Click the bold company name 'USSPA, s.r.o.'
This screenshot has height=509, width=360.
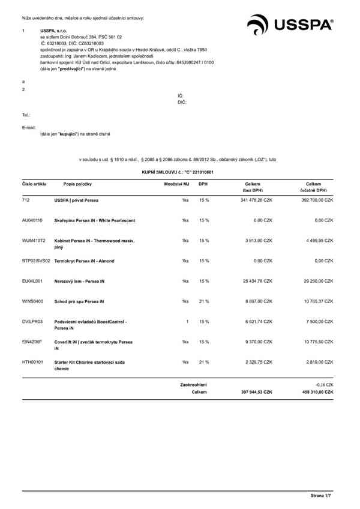click(x=53, y=30)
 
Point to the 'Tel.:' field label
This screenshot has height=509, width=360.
click(x=25, y=114)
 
